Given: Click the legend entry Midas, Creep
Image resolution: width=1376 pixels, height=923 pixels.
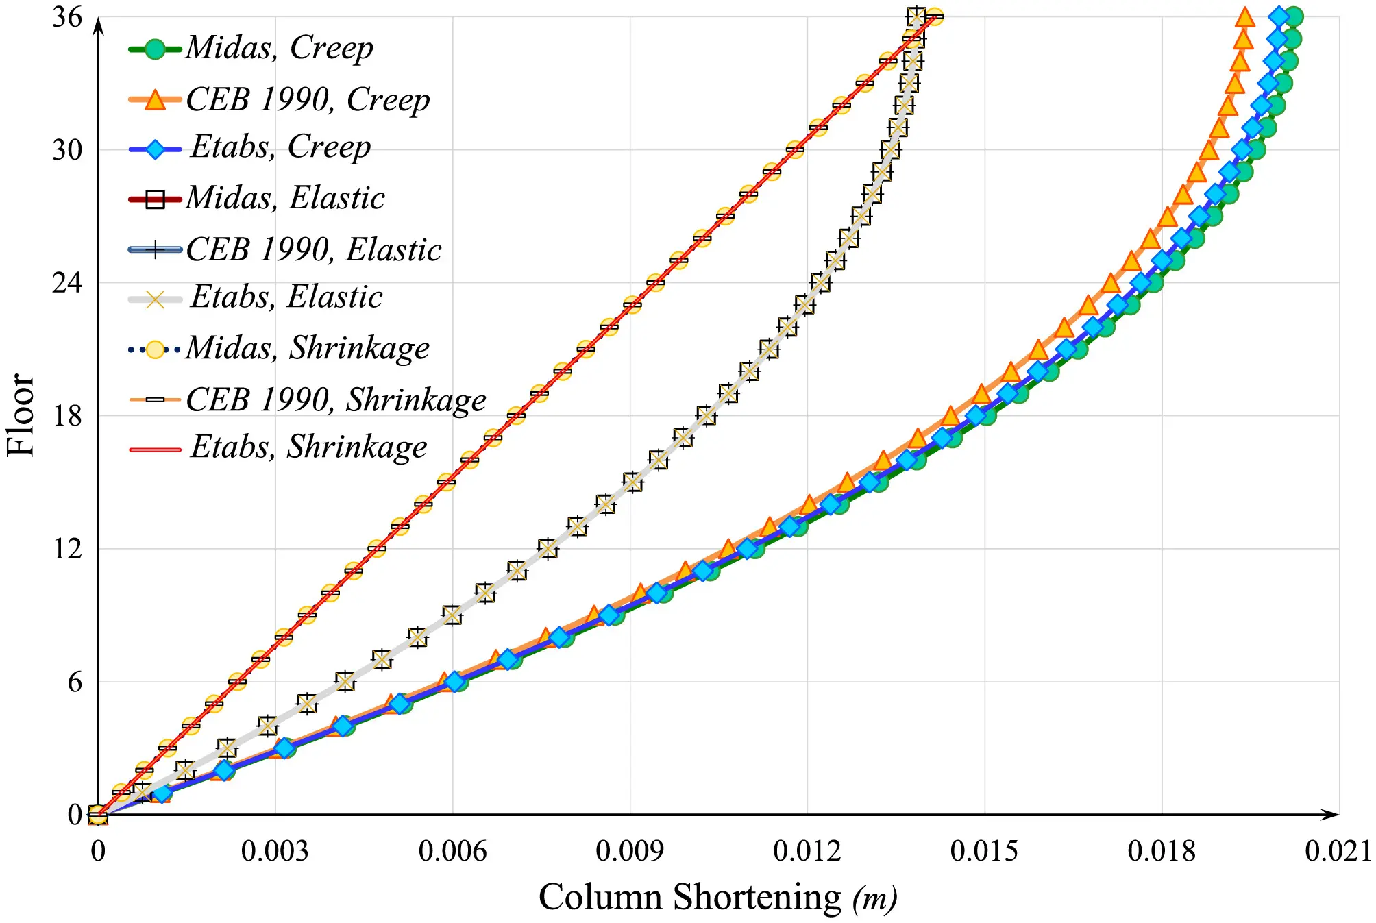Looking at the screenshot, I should [x=279, y=48].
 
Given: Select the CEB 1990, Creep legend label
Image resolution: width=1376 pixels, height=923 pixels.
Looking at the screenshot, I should [x=308, y=100].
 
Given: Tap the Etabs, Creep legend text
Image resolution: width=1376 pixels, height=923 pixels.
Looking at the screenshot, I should [x=280, y=147].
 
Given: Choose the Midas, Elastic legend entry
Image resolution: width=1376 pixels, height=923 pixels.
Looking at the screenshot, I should [x=284, y=198].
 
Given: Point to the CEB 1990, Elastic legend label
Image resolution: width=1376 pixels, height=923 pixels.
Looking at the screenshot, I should [x=313, y=249].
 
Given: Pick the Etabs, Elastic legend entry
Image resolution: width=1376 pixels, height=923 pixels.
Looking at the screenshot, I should [x=286, y=297].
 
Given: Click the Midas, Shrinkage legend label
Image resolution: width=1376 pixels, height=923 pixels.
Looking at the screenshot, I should [x=307, y=348].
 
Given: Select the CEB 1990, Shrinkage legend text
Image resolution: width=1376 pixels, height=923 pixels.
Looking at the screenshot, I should [x=336, y=399].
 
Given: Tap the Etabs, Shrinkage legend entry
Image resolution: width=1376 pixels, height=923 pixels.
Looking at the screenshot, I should [x=308, y=447].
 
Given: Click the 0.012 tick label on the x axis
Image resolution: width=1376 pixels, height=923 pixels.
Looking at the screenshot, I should [x=807, y=852].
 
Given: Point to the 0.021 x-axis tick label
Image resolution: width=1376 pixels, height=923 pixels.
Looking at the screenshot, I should [x=1338, y=852].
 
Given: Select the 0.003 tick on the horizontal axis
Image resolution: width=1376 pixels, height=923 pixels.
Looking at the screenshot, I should [x=275, y=852].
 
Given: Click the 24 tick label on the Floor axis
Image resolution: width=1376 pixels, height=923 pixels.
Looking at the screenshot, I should [x=67, y=282].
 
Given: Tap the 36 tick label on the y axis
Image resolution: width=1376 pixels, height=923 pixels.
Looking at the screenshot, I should [x=67, y=17].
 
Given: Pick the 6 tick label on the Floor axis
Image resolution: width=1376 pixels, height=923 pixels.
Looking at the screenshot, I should [x=75, y=682].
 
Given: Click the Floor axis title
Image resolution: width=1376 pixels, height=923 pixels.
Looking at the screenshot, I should [x=21, y=415].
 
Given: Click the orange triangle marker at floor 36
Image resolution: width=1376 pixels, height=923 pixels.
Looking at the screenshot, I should [x=1244, y=18].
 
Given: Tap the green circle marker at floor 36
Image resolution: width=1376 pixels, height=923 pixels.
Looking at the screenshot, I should [x=1293, y=17].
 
